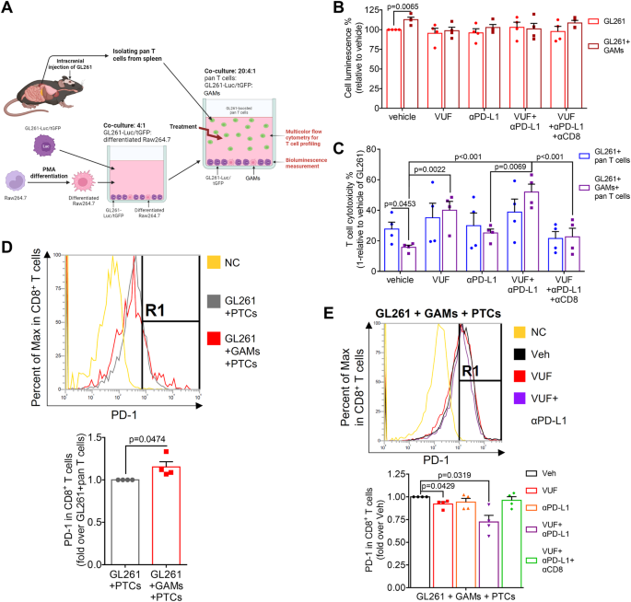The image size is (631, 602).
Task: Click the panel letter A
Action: (x=9, y=10)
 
